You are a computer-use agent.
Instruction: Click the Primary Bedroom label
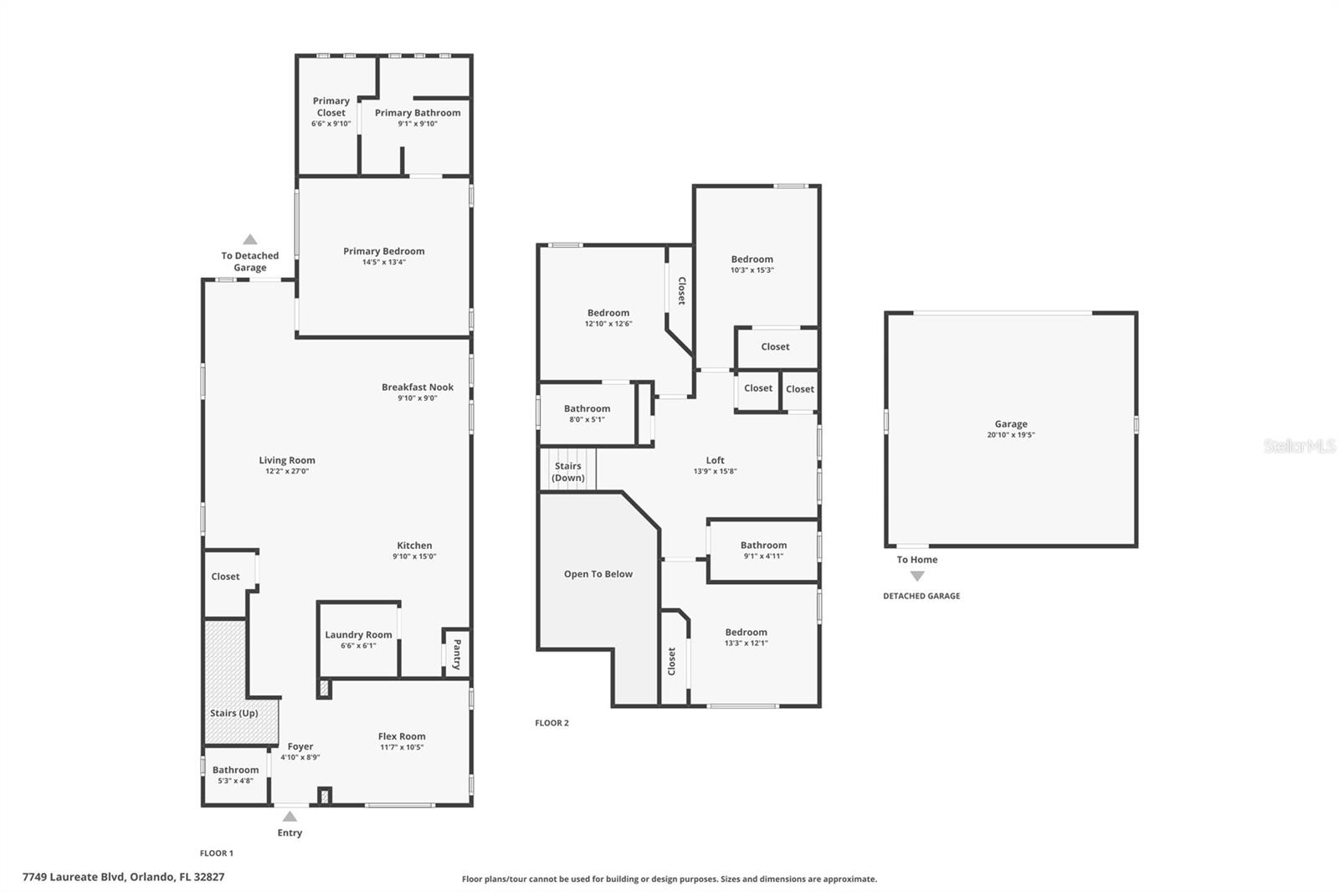click(383, 251)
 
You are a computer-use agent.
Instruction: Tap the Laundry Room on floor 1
click(358, 639)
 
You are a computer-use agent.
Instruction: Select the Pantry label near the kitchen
click(457, 654)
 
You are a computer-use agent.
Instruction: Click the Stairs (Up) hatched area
click(233, 713)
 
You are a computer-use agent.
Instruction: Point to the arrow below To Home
click(917, 576)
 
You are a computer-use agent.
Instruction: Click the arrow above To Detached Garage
click(249, 240)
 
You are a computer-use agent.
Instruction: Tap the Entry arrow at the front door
click(290, 816)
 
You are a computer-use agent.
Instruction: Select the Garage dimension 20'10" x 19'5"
click(1011, 435)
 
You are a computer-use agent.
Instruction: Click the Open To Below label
click(598, 574)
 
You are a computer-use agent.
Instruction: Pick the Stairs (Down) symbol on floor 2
click(567, 471)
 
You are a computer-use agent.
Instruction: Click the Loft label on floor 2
click(715, 460)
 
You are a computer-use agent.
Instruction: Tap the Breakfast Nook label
click(417, 387)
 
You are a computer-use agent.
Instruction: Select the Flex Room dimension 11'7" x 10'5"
click(402, 747)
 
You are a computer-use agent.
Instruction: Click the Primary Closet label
click(331, 106)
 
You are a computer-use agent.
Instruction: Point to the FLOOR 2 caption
click(552, 723)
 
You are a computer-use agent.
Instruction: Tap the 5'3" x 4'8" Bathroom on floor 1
click(235, 775)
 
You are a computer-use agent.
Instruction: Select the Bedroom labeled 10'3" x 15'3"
click(752, 264)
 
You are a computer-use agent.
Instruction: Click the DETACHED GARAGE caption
click(921, 596)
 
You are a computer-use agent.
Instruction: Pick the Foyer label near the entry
click(300, 746)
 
